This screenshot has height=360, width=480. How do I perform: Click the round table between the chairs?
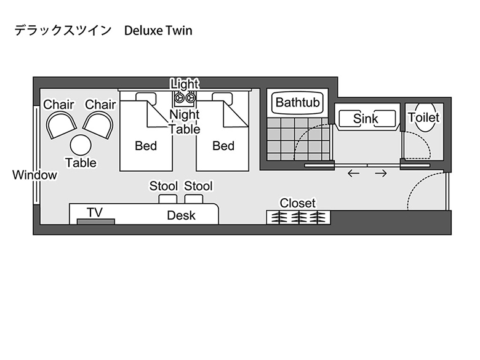[x=81, y=145]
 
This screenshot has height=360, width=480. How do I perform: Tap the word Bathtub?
[x=298, y=102]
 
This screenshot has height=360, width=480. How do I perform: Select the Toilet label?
[x=424, y=118]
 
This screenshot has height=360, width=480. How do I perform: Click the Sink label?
[x=366, y=119]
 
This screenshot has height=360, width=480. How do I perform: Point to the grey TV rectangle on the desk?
[x=96, y=222]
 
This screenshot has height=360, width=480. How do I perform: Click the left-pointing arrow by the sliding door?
[x=354, y=174]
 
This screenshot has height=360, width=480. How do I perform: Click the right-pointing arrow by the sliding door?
[x=381, y=174]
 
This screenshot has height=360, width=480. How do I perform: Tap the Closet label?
[x=298, y=203]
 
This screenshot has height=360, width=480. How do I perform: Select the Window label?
[x=34, y=175]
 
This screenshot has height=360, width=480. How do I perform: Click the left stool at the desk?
[x=168, y=199]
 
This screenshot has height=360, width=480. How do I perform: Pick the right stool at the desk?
[x=194, y=199]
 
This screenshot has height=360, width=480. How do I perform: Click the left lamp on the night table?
[x=179, y=98]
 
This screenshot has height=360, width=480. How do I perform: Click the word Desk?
[x=181, y=215]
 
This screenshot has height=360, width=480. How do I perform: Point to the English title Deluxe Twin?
[x=158, y=31]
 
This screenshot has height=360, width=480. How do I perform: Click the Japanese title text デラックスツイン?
[x=63, y=31]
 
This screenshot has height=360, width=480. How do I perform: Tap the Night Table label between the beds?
[x=185, y=122]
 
